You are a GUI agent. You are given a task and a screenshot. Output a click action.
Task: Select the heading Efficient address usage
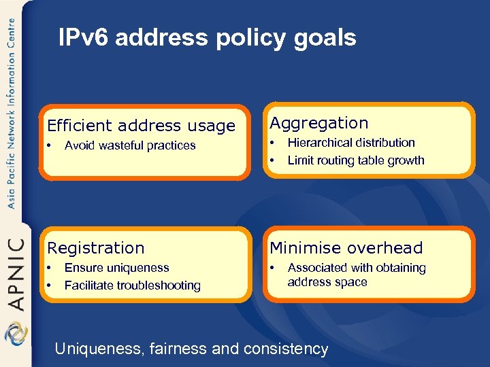(141, 126)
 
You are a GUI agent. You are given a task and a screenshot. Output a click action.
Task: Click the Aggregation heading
(319, 123)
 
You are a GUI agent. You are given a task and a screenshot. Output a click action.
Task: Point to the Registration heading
(95, 248)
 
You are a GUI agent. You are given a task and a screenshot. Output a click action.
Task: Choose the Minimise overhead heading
(346, 248)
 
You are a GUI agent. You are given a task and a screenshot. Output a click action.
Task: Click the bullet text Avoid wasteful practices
(130, 145)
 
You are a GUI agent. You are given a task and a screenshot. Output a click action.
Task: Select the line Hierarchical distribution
(351, 143)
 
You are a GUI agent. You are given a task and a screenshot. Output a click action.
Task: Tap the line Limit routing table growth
(356, 160)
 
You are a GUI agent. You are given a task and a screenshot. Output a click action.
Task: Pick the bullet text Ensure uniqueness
(116, 268)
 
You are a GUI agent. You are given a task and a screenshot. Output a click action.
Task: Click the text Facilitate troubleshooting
(133, 285)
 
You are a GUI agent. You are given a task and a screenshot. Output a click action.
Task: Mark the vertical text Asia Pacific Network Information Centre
(11, 112)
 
